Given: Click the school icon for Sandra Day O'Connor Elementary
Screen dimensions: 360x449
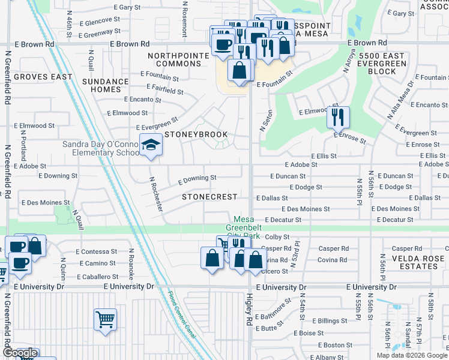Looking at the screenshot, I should click(x=151, y=145).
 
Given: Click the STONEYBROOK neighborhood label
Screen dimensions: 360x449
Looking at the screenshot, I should click(x=196, y=134).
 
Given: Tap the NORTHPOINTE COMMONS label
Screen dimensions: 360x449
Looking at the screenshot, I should click(x=181, y=60).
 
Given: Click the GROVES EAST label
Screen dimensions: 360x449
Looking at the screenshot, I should click(x=43, y=77).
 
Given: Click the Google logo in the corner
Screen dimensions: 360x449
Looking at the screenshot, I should click(x=19, y=353).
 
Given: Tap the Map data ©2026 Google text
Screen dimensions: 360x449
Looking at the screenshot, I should click(x=411, y=355).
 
